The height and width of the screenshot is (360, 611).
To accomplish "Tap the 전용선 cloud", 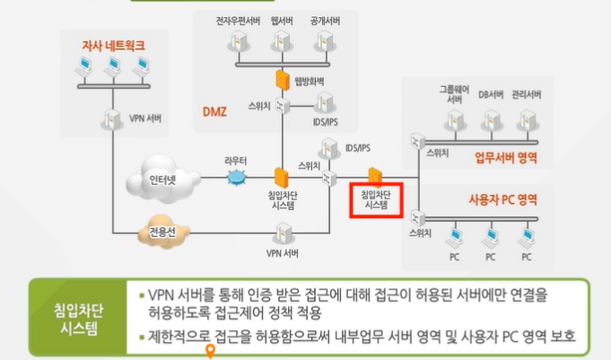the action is [x=162, y=236].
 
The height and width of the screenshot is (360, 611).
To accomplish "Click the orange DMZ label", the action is [x=215, y=111].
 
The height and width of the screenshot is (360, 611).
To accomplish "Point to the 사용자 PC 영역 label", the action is [x=502, y=198].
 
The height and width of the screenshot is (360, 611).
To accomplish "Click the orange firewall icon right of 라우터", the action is [x=282, y=178].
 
